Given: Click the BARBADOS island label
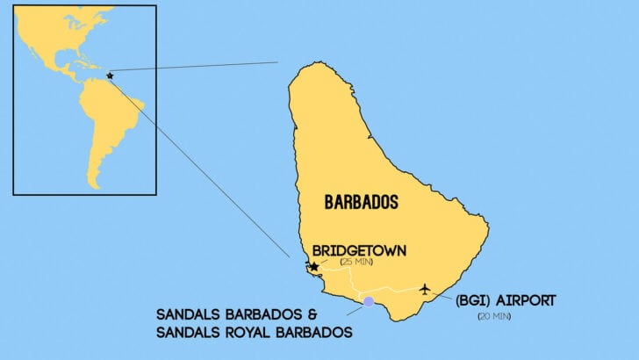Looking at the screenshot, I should (x=361, y=202).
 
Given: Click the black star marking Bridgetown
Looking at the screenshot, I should (x=313, y=266).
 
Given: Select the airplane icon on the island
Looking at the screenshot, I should (x=425, y=289).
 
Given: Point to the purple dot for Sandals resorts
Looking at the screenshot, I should (x=369, y=301).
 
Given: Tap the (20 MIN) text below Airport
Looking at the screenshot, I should (x=494, y=316).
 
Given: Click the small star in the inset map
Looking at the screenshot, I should (x=110, y=76).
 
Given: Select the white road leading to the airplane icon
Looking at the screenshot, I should (x=395, y=290).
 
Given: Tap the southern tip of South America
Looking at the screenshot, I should (x=92, y=185).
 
